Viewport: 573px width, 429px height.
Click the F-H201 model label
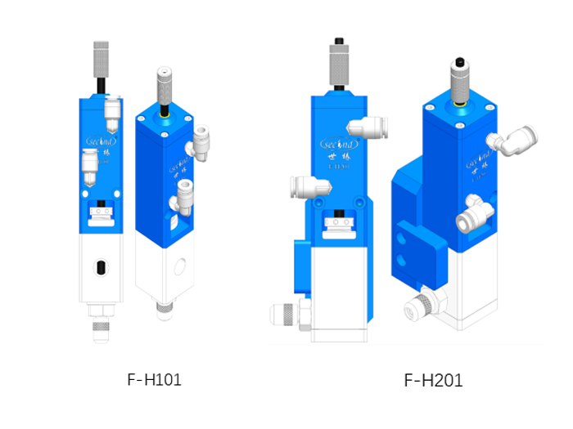pyautogui.click(x=433, y=380)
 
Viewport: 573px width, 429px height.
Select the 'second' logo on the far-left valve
pyautogui.click(x=102, y=141)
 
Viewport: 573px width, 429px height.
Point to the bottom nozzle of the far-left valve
pyautogui.click(x=101, y=327)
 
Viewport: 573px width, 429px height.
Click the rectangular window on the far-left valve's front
pyautogui.click(x=102, y=216)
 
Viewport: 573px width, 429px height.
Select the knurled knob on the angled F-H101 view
pyautogui.click(x=165, y=85)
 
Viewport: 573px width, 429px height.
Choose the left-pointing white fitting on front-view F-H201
pyautogui.click(x=305, y=186)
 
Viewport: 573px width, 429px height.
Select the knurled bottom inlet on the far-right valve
pyautogui.click(x=422, y=307)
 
